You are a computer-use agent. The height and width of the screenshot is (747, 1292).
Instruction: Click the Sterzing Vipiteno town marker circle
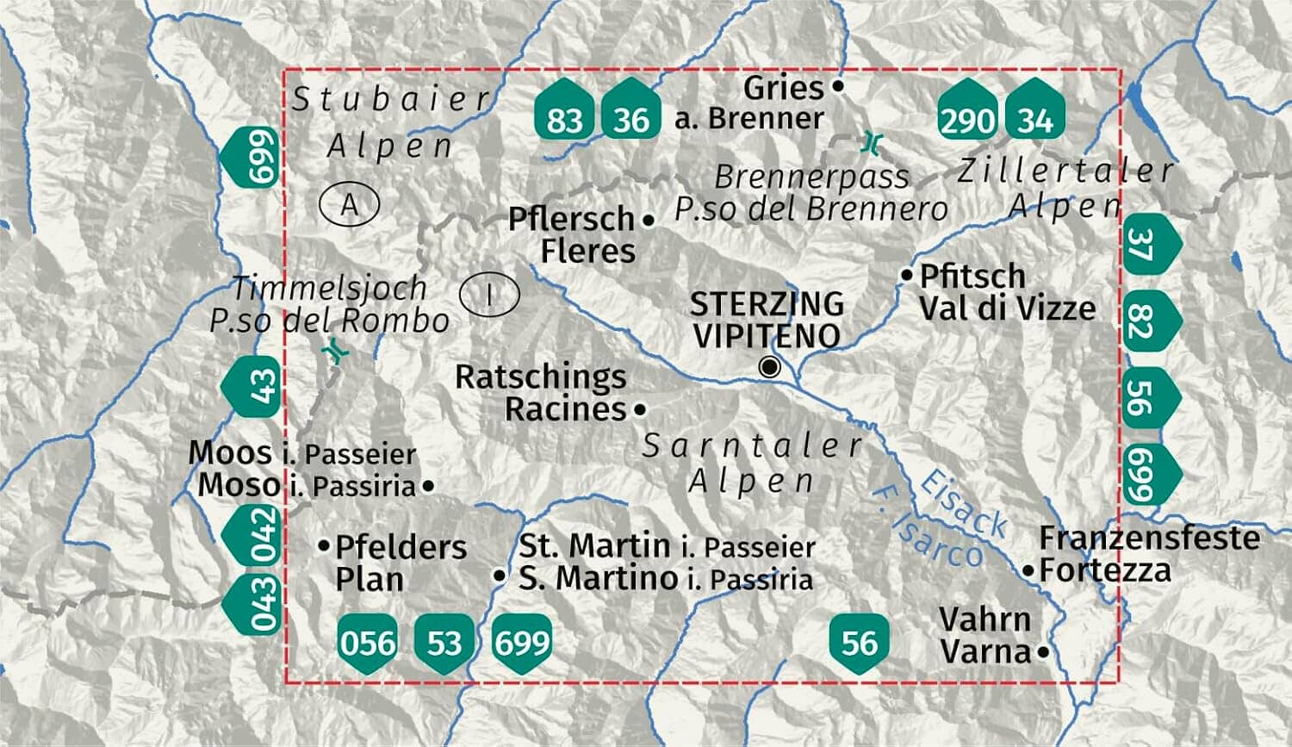[770, 368]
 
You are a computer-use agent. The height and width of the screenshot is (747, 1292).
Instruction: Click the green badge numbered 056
[369, 642]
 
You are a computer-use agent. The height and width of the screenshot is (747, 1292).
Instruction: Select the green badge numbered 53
[444, 642]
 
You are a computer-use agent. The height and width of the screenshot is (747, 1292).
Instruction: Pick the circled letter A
[349, 205]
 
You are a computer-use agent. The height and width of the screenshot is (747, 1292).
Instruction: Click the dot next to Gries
[838, 86]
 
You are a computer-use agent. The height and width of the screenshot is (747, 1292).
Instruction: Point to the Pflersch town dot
[649, 221]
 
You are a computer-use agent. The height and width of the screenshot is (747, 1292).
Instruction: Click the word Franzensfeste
[1149, 538]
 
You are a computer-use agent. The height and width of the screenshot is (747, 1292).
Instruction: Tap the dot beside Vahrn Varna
[1043, 652]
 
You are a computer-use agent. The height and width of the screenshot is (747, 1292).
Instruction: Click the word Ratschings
[541, 377]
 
